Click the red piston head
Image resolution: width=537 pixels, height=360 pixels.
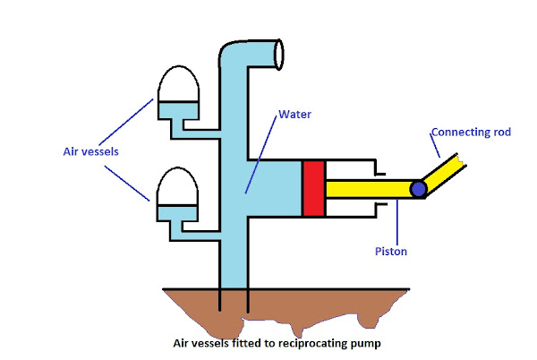(x=313, y=189)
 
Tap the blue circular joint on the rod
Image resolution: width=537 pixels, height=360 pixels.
(x=418, y=190)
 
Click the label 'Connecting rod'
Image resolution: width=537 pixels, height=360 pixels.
(x=471, y=133)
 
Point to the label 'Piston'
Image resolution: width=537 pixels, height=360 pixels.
(x=390, y=252)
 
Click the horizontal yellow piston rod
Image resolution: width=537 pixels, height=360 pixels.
(x=367, y=190)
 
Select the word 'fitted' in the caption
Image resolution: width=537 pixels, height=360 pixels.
(x=238, y=342)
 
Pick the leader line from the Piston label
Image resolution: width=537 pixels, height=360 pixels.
(x=395, y=224)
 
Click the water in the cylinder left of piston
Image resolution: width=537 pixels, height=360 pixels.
(x=277, y=189)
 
